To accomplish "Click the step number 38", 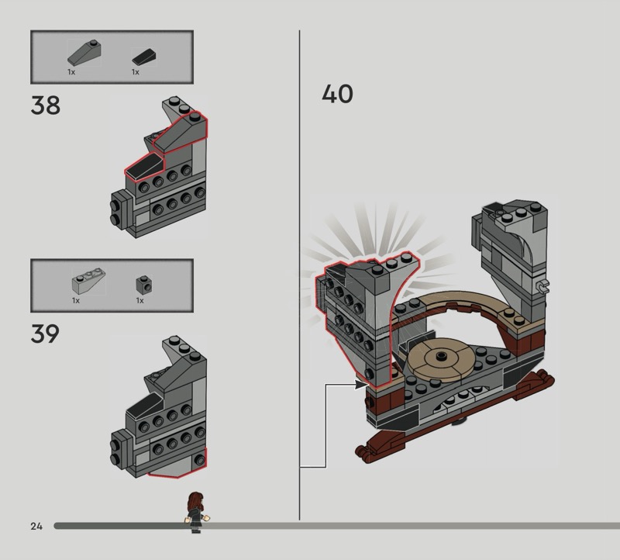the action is coord(46,105).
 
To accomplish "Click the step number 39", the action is coord(45,334).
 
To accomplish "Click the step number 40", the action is coord(337,94).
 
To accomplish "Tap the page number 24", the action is coord(36,526).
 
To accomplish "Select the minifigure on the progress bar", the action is coord(197,513).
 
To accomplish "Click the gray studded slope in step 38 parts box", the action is coord(84,53).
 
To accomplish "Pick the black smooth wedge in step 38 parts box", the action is coord(144,57).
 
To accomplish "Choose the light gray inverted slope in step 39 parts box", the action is coord(88,281).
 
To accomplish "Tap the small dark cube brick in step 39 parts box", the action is coord(144,284).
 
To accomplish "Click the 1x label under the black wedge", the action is coord(136,72).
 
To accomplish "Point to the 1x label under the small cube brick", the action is coord(140,301).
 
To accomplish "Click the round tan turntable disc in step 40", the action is coord(440,358).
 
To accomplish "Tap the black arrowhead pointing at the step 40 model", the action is coord(361,384).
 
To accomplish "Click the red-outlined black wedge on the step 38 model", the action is coord(143,166).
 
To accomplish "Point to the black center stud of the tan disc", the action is coord(440,357).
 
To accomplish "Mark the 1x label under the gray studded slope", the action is coord(71,72).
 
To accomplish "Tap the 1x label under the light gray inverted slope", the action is coord(76,301).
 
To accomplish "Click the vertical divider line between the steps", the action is coord(299,275).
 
